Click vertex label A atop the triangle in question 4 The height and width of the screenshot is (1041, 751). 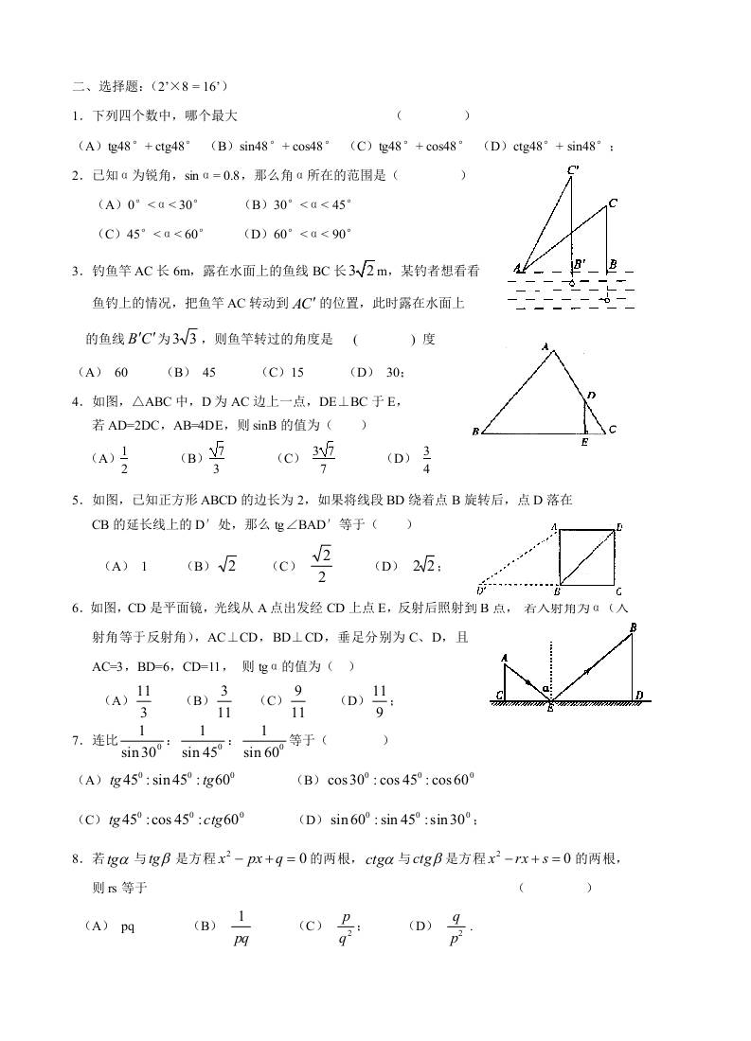(x=546, y=348)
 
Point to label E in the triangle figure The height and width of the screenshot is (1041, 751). (x=584, y=442)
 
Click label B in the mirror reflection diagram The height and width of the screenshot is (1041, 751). (x=632, y=627)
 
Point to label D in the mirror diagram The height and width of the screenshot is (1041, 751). (x=640, y=696)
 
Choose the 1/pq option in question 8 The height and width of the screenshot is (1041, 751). (x=241, y=927)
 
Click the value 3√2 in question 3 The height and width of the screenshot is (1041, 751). (x=361, y=271)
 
